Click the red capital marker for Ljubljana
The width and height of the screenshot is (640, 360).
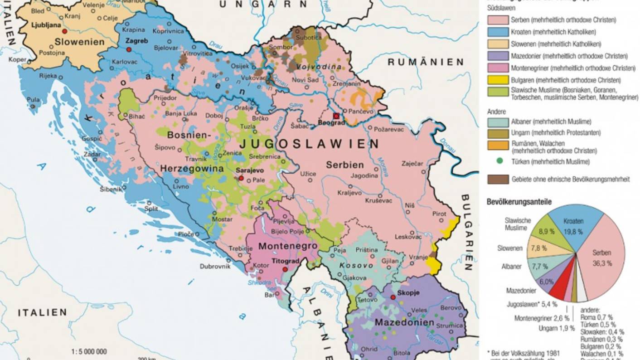click(x=65, y=32)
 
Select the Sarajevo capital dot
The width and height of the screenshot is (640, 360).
click(x=241, y=178)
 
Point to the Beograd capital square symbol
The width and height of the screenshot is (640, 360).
click(x=336, y=116)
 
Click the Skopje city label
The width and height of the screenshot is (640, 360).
click(x=407, y=292)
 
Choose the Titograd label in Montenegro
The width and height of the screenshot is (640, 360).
click(x=285, y=261)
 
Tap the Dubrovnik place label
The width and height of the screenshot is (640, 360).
click(x=215, y=266)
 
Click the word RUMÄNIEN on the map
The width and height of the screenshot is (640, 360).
click(x=426, y=62)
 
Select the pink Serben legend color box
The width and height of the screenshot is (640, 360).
click(x=498, y=20)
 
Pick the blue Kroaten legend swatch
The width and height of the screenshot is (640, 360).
click(x=498, y=32)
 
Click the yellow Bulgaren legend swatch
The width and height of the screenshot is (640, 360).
click(x=498, y=80)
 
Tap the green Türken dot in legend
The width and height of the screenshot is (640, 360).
click(x=499, y=161)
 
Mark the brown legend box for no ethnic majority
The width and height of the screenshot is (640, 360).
click(x=498, y=179)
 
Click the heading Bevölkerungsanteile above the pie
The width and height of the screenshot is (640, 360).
click(x=519, y=202)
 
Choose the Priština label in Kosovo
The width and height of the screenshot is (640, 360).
click(x=367, y=250)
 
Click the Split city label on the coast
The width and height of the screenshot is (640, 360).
click(x=151, y=209)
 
